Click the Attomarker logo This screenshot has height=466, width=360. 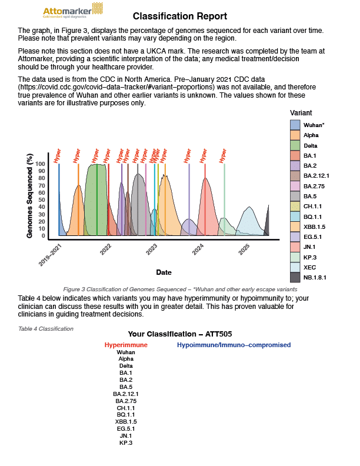click(74, 10)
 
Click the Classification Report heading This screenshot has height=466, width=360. click(180, 16)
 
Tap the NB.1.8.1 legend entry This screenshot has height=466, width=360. click(315, 277)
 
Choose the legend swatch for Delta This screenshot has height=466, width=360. click(295, 145)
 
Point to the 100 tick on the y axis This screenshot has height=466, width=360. click(40, 164)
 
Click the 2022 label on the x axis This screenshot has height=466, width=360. click(106, 249)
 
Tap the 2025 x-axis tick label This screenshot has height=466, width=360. click(244, 249)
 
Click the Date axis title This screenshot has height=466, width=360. click(164, 272)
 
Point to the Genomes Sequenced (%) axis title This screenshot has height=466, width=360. click(29, 196)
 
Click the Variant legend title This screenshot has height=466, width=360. click(301, 112)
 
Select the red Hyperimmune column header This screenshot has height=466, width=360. click(126, 345)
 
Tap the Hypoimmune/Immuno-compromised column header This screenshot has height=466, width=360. click(234, 345)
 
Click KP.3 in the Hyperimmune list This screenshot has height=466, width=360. click(126, 442)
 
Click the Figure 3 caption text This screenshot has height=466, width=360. click(180, 289)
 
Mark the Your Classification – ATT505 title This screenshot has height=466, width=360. click(180, 333)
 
